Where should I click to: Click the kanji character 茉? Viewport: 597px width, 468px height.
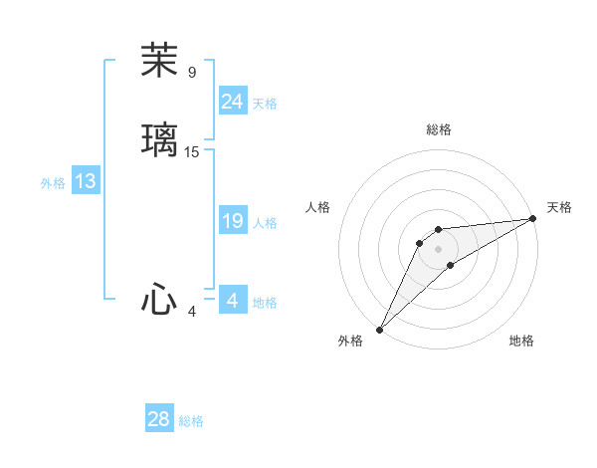click(x=159, y=62)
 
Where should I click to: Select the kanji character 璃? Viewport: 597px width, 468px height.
click(x=159, y=139)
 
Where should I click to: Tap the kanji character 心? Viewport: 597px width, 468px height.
click(x=159, y=300)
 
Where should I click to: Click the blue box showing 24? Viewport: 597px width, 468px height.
click(x=232, y=102)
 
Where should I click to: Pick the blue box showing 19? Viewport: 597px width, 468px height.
click(x=232, y=221)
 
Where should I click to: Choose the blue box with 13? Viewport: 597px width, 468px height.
click(x=85, y=181)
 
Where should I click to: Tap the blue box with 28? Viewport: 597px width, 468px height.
click(x=159, y=419)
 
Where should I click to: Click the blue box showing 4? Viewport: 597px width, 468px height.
click(x=232, y=301)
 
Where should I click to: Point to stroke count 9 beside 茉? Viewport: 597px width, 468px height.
click(x=192, y=73)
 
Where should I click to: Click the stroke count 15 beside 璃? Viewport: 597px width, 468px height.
click(x=192, y=152)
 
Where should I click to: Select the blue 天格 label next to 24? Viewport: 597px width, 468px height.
click(x=264, y=104)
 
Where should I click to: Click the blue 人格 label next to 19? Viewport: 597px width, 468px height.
click(x=264, y=223)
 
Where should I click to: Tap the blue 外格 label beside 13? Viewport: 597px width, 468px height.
click(x=52, y=183)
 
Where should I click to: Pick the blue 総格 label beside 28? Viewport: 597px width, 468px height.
click(x=191, y=421)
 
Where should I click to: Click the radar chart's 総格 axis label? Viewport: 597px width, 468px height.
click(x=438, y=129)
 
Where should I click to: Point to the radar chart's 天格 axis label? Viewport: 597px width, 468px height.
click(x=559, y=207)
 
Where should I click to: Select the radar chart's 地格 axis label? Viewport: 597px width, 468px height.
click(x=521, y=341)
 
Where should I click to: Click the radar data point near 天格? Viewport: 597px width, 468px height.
click(x=534, y=218)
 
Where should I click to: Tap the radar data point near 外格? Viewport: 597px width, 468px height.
click(x=379, y=329)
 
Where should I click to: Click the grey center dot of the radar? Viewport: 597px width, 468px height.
click(x=438, y=248)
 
